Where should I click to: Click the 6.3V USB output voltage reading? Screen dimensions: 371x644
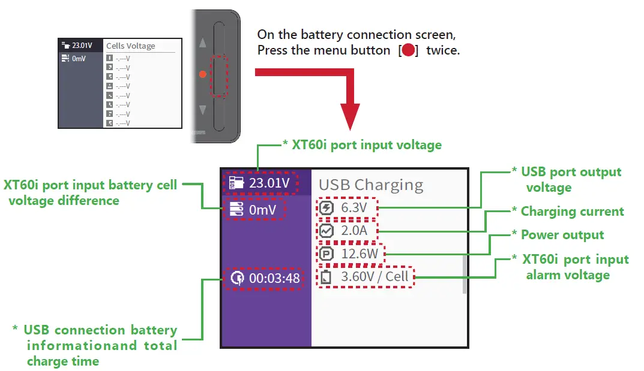(354, 208)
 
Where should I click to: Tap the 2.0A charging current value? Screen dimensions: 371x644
(354, 231)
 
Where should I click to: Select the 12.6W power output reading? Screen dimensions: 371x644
(360, 254)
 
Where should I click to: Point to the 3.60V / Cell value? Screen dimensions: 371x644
(374, 277)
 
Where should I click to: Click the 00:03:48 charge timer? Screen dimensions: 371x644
(274, 278)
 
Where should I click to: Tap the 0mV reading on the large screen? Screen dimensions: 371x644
(262, 210)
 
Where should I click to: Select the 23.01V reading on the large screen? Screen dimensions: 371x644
(269, 183)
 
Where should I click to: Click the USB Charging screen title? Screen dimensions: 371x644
(370, 185)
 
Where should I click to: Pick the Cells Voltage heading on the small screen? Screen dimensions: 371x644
(130, 46)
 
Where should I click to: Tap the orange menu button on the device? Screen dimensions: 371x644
(202, 74)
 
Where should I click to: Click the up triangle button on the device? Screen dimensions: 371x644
(202, 43)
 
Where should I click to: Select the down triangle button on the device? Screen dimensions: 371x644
(202, 110)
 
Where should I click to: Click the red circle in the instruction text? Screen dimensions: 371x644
(408, 50)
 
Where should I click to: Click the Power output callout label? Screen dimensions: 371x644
(562, 235)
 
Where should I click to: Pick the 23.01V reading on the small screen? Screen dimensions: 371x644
(82, 45)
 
